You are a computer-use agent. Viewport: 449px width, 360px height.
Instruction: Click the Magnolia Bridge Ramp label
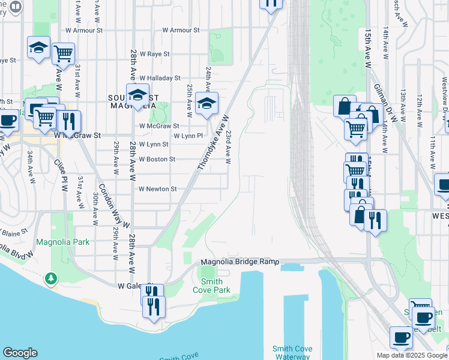[240, 262]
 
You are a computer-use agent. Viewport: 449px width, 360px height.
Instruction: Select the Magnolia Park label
[62, 242]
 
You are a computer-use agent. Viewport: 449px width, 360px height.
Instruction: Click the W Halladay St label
[160, 78]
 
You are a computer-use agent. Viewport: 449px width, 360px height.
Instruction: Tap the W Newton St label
[157, 188]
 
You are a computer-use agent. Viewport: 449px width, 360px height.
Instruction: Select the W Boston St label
[157, 160]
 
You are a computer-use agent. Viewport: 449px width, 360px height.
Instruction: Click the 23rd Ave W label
[228, 148]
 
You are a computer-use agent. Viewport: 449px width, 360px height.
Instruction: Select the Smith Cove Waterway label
[291, 352]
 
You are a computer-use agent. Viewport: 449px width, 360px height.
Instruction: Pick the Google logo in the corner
[20, 353]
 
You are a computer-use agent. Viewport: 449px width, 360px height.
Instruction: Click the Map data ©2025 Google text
[412, 355]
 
